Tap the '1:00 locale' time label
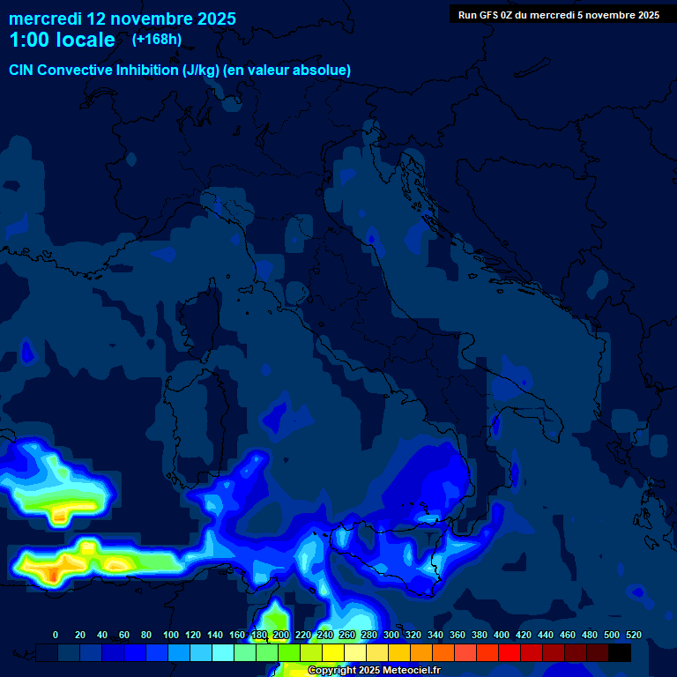coord(62,40)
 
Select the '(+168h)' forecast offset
coord(157,39)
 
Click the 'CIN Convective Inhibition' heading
coord(93,70)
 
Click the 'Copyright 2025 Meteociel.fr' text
coord(374,671)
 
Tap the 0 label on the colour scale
coord(56,635)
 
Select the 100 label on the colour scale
coord(171,635)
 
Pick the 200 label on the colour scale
coord(281,635)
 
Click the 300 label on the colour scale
coord(391,635)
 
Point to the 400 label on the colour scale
coord(502,635)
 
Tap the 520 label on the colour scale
coord(633,635)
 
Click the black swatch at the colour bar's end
coord(620,652)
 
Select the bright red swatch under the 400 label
coord(510,652)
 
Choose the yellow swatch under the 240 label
coord(333,652)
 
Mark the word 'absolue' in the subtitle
coord(321,70)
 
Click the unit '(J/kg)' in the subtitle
coord(201,70)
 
